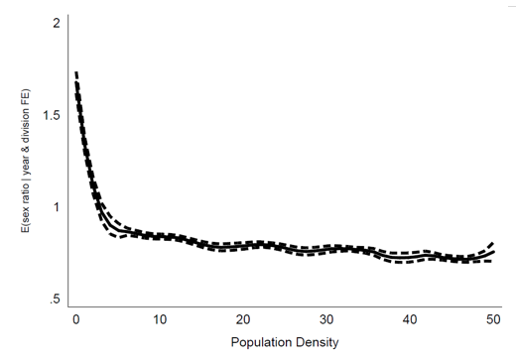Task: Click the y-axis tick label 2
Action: point(57,23)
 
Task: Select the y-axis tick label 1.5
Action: point(52,115)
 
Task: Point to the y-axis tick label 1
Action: point(57,207)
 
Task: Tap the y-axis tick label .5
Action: point(55,299)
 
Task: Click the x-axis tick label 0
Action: point(76,319)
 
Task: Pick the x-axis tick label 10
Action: point(160,319)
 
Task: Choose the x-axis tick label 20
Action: point(243,319)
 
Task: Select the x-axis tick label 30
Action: point(326,319)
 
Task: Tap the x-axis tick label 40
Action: point(410,319)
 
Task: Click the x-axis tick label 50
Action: point(493,319)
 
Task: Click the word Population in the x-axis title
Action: point(260,342)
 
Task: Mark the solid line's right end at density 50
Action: point(494,252)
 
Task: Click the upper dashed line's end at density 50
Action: point(493,243)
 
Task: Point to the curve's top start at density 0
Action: point(76,72)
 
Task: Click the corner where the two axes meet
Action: point(68,306)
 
